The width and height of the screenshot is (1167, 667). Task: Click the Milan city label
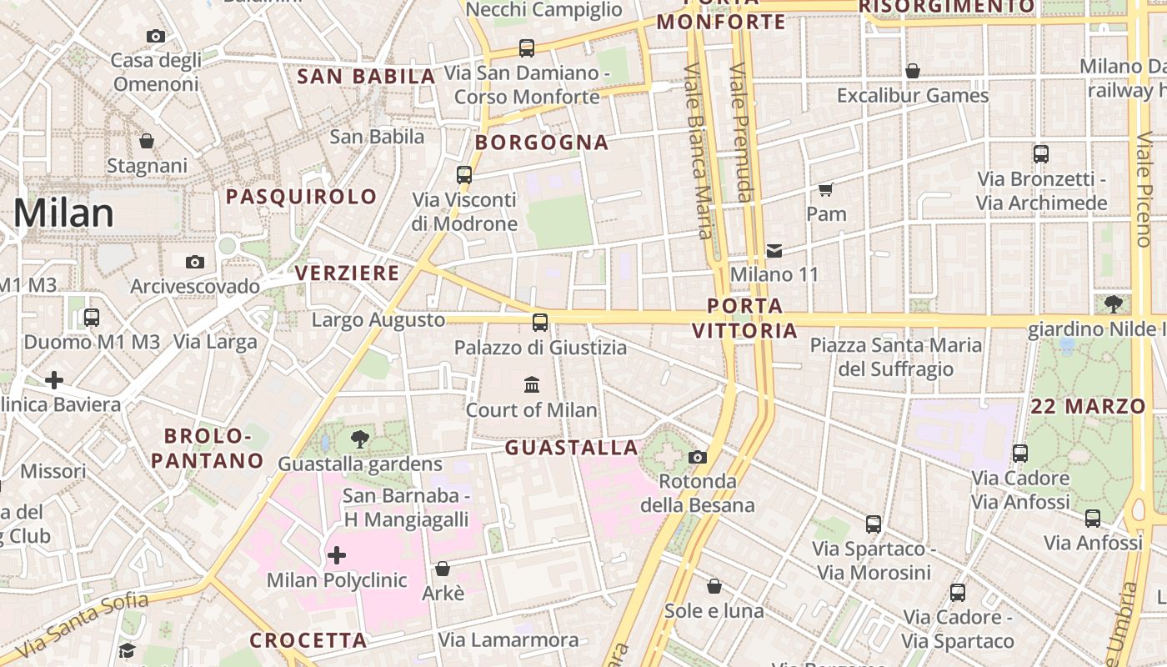click(63, 213)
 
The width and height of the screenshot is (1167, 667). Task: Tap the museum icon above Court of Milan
click(532, 384)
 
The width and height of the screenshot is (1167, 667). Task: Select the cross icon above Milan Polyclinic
click(337, 555)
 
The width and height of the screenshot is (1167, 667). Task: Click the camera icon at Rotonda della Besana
click(698, 457)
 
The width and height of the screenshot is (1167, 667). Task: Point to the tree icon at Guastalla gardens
click(360, 439)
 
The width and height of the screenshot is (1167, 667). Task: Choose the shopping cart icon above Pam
click(826, 189)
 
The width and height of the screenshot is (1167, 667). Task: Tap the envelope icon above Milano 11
click(774, 250)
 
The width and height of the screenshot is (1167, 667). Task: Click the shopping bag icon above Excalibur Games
click(913, 71)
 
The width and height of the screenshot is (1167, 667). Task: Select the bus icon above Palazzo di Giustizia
click(540, 322)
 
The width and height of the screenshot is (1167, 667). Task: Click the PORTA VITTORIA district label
click(744, 318)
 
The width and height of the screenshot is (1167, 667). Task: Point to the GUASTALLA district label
click(572, 448)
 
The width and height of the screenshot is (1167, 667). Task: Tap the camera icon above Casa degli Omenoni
click(156, 36)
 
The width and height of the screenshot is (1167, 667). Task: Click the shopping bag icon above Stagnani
click(147, 141)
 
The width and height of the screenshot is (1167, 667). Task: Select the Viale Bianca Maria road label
click(699, 150)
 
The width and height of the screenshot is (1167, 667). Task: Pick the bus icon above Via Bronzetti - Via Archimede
click(1041, 154)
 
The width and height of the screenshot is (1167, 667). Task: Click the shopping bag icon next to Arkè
click(443, 569)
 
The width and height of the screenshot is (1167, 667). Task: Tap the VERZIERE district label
click(348, 273)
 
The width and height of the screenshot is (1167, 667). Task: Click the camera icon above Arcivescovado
click(195, 263)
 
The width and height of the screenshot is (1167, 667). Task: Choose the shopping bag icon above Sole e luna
click(714, 586)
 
